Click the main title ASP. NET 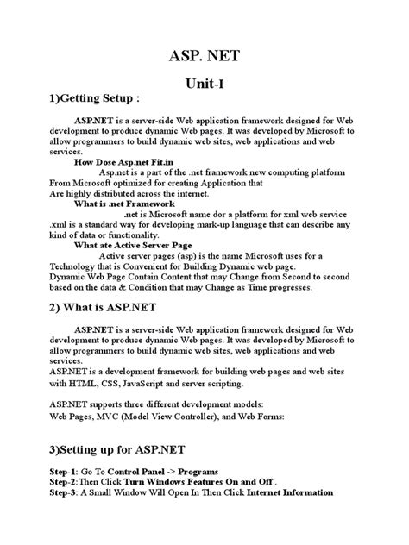(x=204, y=58)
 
